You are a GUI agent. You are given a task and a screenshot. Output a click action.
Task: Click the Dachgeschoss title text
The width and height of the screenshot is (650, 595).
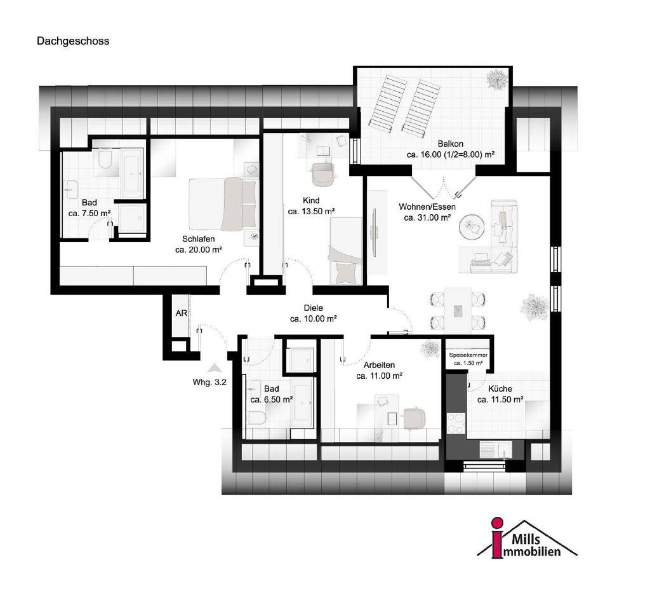pos(73,41)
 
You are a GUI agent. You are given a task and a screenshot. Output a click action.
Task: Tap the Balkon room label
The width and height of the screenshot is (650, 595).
pos(450,144)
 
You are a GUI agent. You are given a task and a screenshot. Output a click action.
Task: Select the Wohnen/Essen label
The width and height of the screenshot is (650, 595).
pos(427,207)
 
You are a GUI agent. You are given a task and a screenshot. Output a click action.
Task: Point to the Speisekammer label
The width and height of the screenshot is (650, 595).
pos(468,355)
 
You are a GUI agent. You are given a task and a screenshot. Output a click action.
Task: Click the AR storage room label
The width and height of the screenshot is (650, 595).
pos(181,313)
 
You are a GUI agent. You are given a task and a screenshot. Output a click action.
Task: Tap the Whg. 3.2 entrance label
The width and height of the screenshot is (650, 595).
pos(209,383)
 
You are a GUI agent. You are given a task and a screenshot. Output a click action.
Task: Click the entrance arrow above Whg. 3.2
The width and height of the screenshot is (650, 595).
pos(215,367)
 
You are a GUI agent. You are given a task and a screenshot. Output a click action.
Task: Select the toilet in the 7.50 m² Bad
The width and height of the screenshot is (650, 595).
pos(105,160)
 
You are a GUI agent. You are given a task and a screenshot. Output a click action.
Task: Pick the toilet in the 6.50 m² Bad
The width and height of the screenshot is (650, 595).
pos(256,418)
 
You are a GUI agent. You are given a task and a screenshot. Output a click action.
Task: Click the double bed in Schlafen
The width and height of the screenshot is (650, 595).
pos(223,204)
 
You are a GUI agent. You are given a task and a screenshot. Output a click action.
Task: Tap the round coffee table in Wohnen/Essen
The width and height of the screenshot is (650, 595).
pos(472,226)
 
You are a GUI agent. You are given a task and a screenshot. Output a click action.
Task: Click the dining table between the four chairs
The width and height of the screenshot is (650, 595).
pos(458,310)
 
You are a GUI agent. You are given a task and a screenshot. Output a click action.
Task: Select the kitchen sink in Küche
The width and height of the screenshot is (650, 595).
pos(496,450)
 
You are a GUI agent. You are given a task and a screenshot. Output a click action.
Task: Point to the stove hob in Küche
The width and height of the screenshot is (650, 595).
pos(456,423)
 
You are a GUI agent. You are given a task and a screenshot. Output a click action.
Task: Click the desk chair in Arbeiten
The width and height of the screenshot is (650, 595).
pos(414,418)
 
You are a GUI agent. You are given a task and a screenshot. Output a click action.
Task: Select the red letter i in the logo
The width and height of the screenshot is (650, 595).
pos(496,538)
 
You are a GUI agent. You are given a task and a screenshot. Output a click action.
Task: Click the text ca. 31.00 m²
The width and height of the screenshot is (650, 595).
pos(427,217)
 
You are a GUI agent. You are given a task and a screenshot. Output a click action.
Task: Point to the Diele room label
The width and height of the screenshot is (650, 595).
pos(313,308)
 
